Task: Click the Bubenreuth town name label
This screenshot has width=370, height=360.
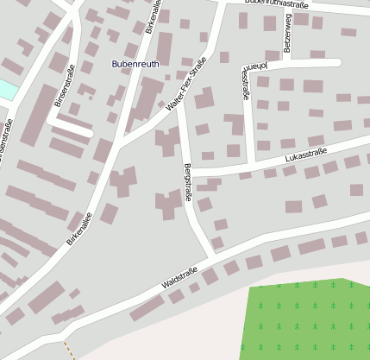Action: tap(135, 64)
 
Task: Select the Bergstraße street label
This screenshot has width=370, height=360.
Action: tap(188, 182)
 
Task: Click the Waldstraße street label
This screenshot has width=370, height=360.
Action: tap(179, 278)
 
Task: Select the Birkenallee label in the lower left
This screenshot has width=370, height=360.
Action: tap(78, 230)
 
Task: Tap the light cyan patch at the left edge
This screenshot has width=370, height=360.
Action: tap(6, 89)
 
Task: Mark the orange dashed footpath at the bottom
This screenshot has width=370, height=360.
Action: tap(68, 350)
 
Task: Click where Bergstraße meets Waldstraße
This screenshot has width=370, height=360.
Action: tap(211, 256)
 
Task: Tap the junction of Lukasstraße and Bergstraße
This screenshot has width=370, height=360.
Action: tap(191, 175)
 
